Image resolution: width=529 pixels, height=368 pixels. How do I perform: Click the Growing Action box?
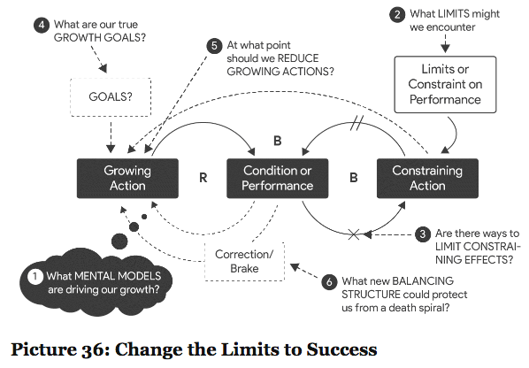click(127, 178)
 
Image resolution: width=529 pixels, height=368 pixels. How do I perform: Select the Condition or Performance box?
click(277, 178)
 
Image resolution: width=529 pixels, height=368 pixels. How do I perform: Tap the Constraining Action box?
click(427, 178)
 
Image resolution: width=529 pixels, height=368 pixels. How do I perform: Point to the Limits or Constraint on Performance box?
click(445, 84)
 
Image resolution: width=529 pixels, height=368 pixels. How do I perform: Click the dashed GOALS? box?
click(111, 97)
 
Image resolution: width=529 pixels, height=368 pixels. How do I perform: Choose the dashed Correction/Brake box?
click(244, 262)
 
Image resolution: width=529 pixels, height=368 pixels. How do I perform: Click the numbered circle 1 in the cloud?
click(35, 277)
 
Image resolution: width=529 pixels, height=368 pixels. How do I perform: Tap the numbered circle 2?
click(397, 15)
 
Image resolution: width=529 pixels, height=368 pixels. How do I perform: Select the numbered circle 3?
click(422, 234)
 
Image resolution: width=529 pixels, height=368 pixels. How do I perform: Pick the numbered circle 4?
click(42, 26)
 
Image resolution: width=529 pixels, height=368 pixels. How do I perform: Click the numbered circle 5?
click(214, 46)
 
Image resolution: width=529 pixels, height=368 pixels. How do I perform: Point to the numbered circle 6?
click(329, 282)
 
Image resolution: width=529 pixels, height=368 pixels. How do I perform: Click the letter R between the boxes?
click(203, 178)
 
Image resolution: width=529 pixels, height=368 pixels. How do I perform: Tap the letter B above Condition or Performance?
click(277, 141)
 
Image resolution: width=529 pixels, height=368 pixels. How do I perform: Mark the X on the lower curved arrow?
click(354, 234)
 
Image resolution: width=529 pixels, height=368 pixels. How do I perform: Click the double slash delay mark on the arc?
click(356, 123)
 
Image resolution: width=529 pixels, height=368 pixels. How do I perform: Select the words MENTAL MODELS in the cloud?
click(118, 276)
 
